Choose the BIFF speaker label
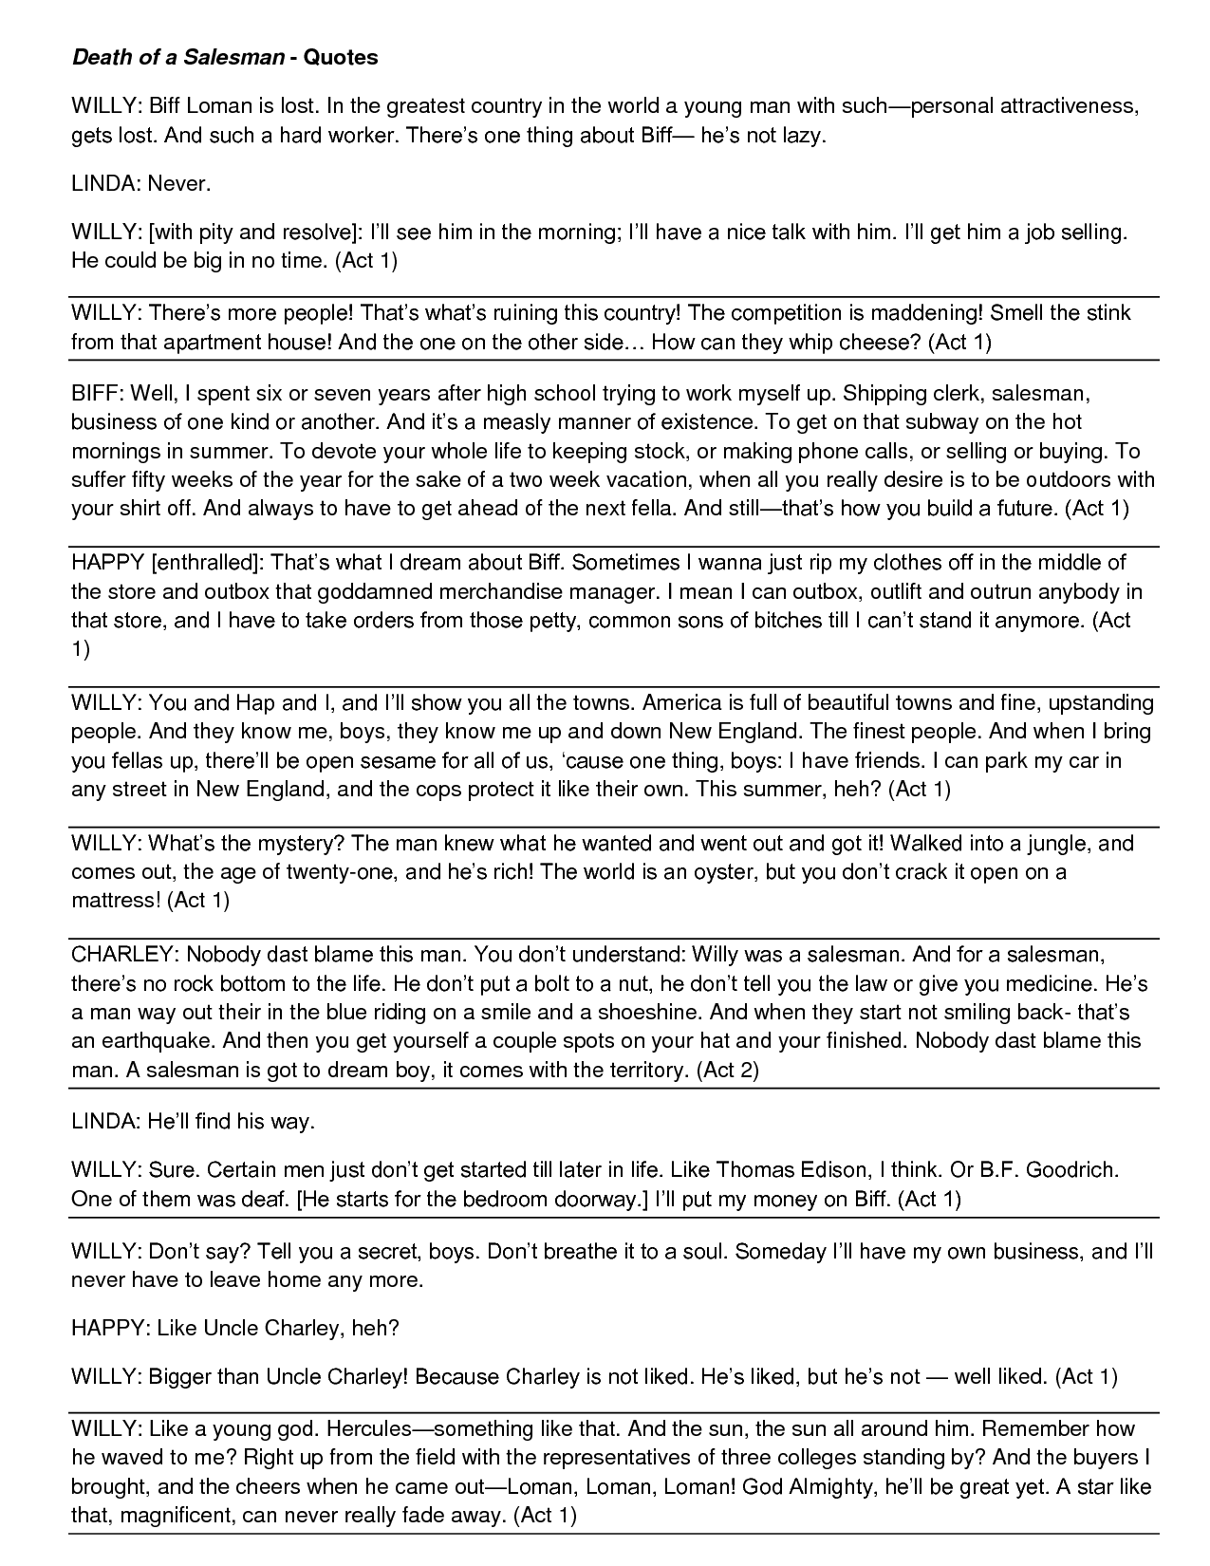pyautogui.click(x=96, y=392)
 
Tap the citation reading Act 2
pyautogui.click(x=727, y=1070)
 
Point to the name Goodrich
pyautogui.click(x=1071, y=1169)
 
